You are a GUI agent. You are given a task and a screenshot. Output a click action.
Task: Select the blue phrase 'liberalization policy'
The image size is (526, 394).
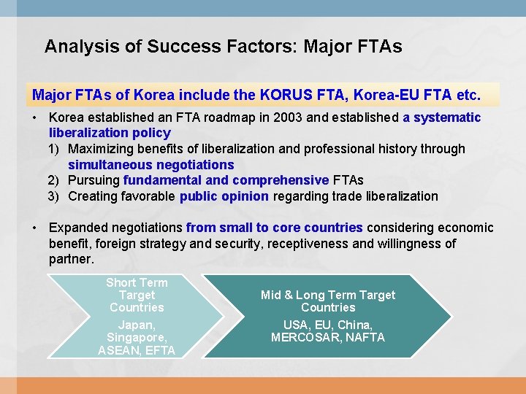tap(110, 133)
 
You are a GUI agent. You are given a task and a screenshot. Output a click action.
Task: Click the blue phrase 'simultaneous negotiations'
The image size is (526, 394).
tap(150, 165)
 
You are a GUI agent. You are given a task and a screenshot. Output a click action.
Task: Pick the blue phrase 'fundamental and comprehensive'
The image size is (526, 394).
tap(226, 180)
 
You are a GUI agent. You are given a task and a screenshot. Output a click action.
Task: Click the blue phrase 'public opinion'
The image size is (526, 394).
tap(224, 196)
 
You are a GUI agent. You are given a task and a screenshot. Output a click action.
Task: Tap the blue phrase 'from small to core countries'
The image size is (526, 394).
tap(274, 228)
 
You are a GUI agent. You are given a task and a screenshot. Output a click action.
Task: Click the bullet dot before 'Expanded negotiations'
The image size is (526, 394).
tap(35, 228)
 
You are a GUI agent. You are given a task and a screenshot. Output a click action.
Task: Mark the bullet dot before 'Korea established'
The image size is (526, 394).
tap(35, 117)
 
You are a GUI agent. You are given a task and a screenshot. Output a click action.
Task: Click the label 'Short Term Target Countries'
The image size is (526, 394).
tap(137, 295)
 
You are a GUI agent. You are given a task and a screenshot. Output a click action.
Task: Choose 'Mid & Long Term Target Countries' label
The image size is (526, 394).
tap(328, 301)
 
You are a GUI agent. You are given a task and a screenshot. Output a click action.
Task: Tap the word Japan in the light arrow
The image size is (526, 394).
tap(136, 325)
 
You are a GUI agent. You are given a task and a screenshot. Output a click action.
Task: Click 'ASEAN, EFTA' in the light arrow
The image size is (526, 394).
tap(137, 350)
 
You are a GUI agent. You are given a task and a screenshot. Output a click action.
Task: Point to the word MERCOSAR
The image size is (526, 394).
tap(303, 337)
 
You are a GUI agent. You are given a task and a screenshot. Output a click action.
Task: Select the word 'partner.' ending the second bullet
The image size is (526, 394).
tap(72, 259)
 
